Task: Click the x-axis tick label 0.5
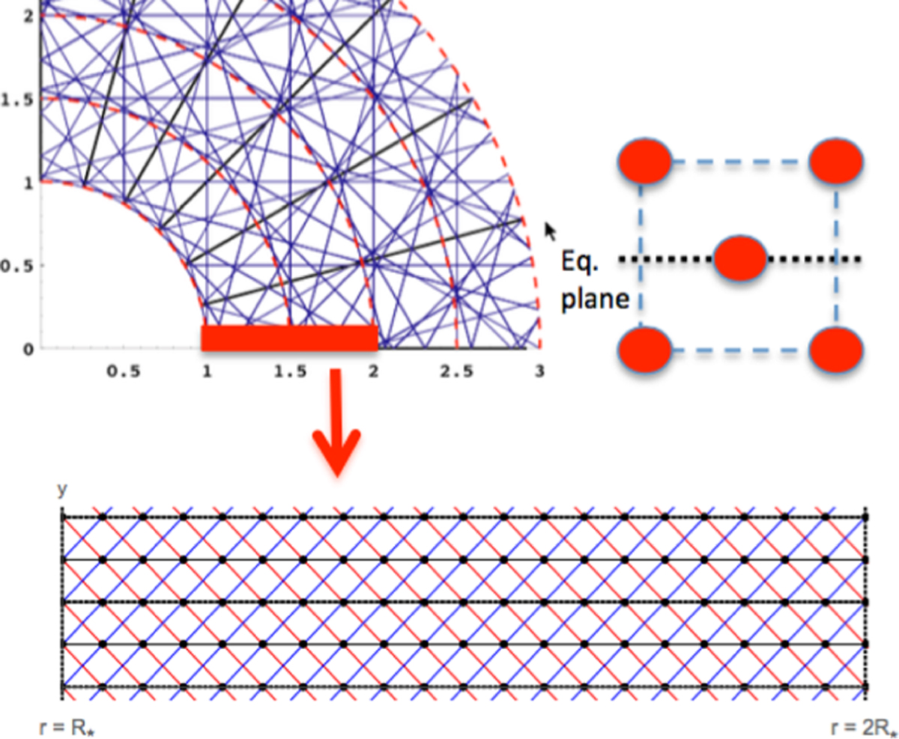click(x=124, y=371)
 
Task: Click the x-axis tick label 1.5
click(x=290, y=371)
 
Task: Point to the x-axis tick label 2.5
click(x=456, y=371)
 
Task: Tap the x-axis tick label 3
click(x=539, y=371)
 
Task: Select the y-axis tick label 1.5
click(x=17, y=100)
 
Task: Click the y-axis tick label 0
click(x=28, y=349)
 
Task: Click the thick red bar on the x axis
click(x=289, y=338)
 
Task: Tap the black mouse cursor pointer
click(x=551, y=231)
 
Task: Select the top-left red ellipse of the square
click(x=645, y=162)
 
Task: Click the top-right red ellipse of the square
click(x=836, y=162)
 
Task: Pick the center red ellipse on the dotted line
click(x=740, y=258)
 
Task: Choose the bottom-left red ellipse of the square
click(x=645, y=350)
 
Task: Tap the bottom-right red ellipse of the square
click(x=836, y=350)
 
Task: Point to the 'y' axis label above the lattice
click(x=62, y=490)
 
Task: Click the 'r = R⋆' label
click(x=67, y=728)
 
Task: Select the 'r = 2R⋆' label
click(x=864, y=728)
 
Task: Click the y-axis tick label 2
click(x=28, y=16)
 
